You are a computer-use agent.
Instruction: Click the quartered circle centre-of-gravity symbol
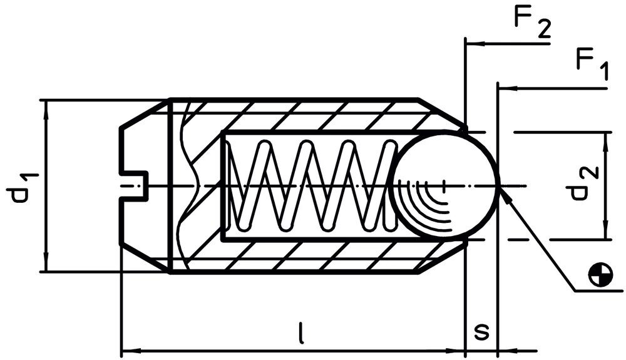(600, 274)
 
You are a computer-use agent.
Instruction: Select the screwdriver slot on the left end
(135, 185)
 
